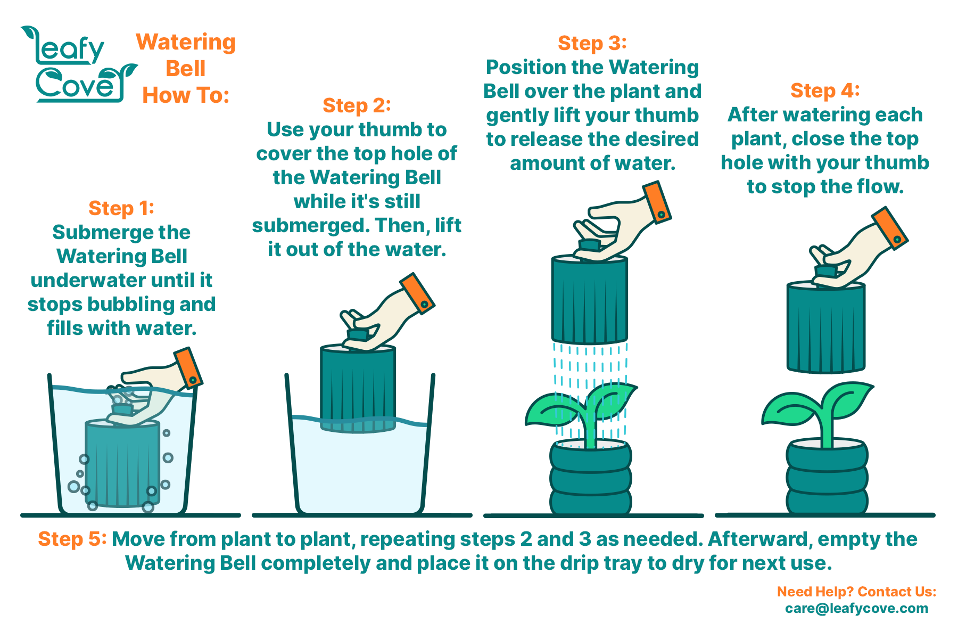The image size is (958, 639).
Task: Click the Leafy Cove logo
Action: point(79,64)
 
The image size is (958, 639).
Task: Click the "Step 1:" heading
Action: point(121,208)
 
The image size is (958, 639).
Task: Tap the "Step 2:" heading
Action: point(357,105)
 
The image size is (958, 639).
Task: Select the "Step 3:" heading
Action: point(592,43)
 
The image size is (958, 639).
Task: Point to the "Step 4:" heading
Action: point(825,91)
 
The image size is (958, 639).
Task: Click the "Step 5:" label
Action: point(72,539)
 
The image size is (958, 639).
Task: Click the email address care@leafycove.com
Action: point(856,608)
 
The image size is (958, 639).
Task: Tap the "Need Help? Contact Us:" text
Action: point(856,592)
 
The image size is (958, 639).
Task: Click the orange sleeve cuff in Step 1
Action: point(188,368)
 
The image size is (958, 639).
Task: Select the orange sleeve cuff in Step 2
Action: point(418,294)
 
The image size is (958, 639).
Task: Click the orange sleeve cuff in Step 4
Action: point(890,228)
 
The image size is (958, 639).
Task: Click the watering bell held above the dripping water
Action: point(590,300)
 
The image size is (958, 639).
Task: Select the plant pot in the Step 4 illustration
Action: point(827,477)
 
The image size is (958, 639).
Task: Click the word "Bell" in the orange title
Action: point(185,69)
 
